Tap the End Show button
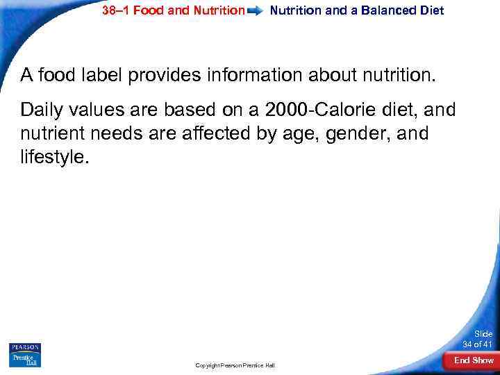coord(474,360)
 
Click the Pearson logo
coord(25,347)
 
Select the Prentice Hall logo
coord(25,360)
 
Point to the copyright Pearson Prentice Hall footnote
coord(235,365)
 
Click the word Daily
coord(43,110)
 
